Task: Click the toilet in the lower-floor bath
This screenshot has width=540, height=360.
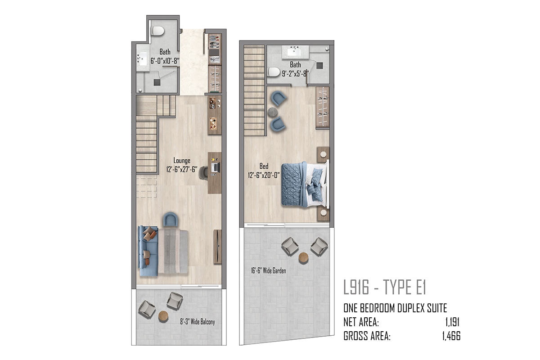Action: (x=158, y=31)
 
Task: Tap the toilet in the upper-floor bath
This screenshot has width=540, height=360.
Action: (x=274, y=72)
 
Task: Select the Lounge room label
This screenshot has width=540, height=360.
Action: (x=182, y=161)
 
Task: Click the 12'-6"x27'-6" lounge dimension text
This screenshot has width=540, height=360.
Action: (x=182, y=169)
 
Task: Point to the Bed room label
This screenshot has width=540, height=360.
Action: (x=264, y=166)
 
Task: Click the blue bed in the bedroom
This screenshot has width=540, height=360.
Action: (x=304, y=184)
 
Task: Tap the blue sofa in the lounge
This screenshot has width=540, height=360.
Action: (x=148, y=251)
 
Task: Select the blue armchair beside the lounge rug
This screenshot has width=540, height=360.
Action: (x=171, y=219)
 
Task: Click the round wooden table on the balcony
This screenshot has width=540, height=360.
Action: (x=163, y=315)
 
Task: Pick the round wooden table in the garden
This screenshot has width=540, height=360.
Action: (x=303, y=257)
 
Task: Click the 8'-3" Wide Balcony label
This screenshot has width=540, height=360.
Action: (x=198, y=322)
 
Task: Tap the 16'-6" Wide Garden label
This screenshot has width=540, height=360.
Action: (x=268, y=270)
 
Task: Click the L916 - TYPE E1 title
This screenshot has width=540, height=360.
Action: (x=385, y=287)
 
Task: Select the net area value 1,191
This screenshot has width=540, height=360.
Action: (x=453, y=322)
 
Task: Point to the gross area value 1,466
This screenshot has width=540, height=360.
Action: (x=451, y=336)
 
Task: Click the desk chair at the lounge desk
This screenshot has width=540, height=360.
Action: (x=203, y=173)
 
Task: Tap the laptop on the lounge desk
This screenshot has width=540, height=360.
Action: (x=216, y=167)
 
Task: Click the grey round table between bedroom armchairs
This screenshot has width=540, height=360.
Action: (x=273, y=112)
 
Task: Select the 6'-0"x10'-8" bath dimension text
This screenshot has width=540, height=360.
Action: (x=165, y=61)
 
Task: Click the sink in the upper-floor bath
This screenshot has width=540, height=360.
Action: (x=295, y=52)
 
